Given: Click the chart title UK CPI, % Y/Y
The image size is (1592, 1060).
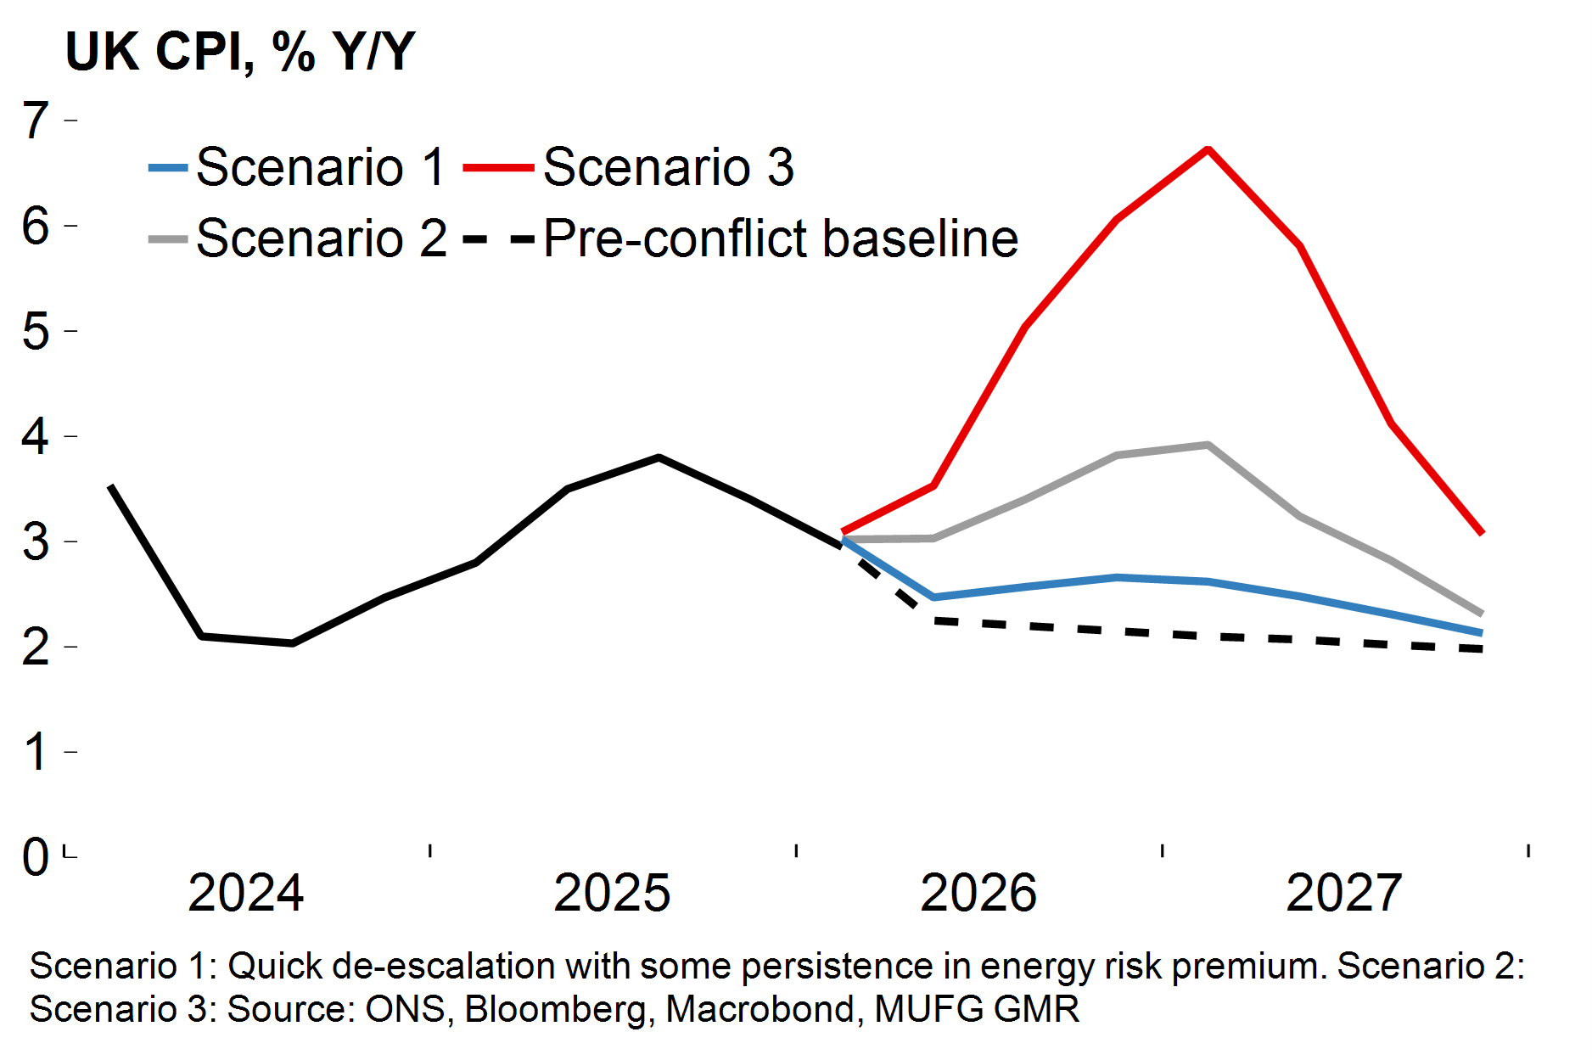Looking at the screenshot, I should [240, 53].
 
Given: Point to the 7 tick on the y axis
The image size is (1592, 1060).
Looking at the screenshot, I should [36, 120].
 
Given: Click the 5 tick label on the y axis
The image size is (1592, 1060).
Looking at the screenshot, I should [36, 331].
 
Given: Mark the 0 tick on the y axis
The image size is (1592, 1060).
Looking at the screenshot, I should [36, 856].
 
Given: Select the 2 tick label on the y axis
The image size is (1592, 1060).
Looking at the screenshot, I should [36, 647].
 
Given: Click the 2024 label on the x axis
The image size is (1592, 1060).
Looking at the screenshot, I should [245, 893].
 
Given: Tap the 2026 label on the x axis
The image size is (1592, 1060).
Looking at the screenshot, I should [978, 893].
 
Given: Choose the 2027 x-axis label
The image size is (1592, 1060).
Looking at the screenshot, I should [1344, 893].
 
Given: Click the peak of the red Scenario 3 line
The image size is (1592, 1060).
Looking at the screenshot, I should [1208, 149].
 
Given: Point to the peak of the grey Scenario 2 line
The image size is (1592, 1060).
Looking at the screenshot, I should [1207, 445].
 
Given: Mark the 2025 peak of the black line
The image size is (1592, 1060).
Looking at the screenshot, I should [659, 457].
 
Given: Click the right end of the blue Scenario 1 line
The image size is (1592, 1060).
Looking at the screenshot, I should [1481, 633].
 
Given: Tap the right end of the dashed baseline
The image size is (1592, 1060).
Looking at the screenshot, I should [1481, 649].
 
